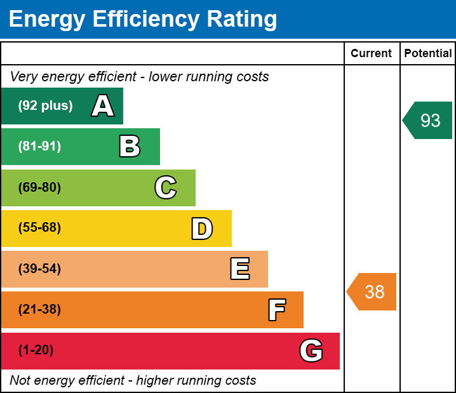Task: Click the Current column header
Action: tap(371, 53)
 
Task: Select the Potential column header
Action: tap(428, 53)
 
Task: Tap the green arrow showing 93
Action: tap(427, 121)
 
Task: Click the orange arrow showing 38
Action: tap(372, 291)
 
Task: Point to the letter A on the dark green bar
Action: tap(103, 105)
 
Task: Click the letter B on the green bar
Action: tap(130, 146)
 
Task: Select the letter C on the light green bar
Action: tap(166, 187)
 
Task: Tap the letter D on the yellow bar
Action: tap(202, 229)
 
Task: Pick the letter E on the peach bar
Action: tap(240, 269)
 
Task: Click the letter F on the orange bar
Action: tap(277, 310)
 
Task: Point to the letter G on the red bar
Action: tap(311, 350)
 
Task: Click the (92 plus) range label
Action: tap(45, 105)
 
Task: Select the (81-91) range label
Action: tap(39, 146)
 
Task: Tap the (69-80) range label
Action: tap(39, 187)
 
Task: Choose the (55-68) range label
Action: tap(39, 227)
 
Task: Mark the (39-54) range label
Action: tap(39, 269)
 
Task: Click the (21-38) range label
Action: tap(39, 309)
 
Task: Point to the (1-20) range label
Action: tap(36, 350)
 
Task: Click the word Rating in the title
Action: tap(242, 19)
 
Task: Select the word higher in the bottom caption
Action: tap(155, 380)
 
